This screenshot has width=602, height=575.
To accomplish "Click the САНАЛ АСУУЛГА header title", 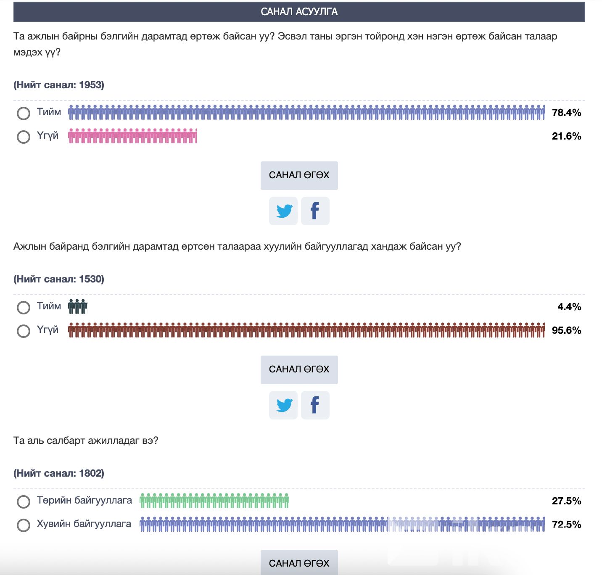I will tap(299, 12).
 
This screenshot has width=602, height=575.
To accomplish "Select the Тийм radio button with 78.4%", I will tap(24, 113).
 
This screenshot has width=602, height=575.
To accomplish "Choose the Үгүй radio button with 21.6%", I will tap(24, 137).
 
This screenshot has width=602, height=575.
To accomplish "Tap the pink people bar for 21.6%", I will tap(132, 136).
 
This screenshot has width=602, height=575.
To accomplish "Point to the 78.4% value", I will tap(566, 113).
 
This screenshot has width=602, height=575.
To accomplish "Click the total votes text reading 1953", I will tap(59, 85).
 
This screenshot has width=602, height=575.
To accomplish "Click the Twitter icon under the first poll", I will tap(283, 211).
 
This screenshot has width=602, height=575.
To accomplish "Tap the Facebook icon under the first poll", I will tap(315, 211).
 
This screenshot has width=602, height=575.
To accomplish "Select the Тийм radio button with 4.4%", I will tap(24, 307).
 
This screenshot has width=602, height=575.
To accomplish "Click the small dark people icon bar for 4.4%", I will tap(78, 307).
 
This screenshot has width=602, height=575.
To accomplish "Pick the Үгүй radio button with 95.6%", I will tap(24, 331).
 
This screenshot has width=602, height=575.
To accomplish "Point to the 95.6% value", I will tap(566, 330).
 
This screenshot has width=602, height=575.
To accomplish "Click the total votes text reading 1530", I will tap(59, 279).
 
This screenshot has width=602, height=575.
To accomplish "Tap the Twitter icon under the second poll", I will tap(283, 405).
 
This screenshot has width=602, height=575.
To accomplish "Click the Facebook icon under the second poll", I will tap(315, 405).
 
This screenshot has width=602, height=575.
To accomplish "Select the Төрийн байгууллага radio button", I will tap(24, 501).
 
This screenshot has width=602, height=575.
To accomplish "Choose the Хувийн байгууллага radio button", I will tap(24, 525).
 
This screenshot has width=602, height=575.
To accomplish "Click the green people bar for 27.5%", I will tap(214, 501).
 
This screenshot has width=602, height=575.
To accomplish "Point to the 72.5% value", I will tap(566, 525).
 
